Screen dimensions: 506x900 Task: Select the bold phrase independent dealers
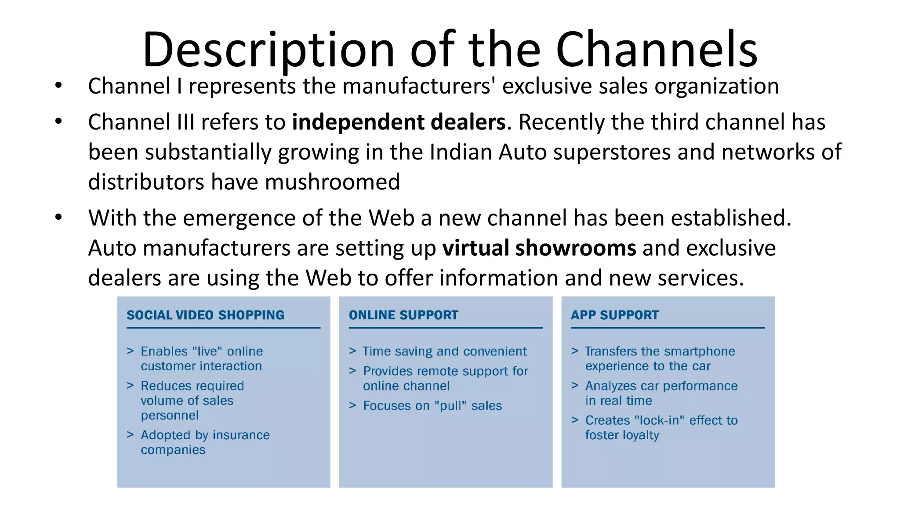point(399,122)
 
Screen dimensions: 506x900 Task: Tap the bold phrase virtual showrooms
point(539,248)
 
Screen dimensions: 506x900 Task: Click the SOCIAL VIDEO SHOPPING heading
point(205,315)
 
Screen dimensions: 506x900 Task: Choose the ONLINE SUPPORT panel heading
point(403,315)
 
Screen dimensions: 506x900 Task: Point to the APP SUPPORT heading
point(614,315)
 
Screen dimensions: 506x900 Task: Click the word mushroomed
point(332,182)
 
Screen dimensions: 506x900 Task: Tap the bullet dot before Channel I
point(58,86)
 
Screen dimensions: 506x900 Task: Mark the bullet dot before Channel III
point(58,122)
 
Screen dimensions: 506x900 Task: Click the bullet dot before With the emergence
point(58,217)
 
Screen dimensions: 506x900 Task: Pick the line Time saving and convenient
point(444,351)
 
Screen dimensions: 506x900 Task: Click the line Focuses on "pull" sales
point(432,406)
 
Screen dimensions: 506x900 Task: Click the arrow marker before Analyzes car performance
point(575,386)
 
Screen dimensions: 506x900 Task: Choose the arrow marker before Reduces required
point(130,386)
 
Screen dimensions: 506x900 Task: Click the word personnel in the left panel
point(170,416)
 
